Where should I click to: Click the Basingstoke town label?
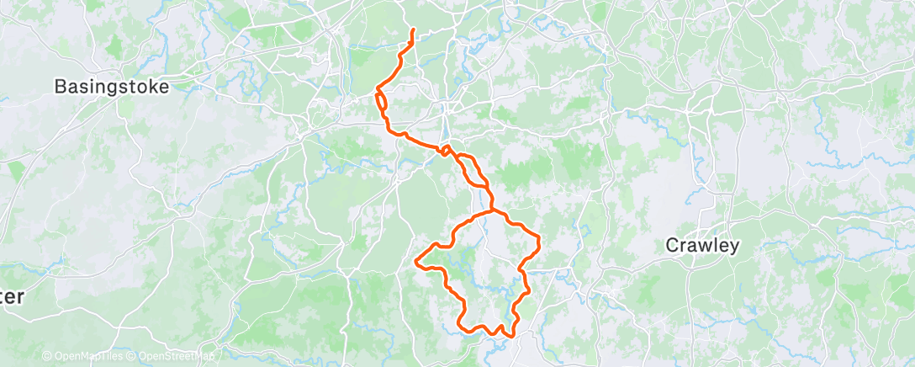click(112, 86)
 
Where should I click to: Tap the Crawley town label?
click(702, 246)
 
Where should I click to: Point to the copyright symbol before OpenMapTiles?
click(46, 356)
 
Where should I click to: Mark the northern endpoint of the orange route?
click(413, 30)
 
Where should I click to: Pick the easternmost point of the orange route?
click(537, 243)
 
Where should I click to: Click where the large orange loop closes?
click(491, 210)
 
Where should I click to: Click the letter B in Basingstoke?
click(61, 86)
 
